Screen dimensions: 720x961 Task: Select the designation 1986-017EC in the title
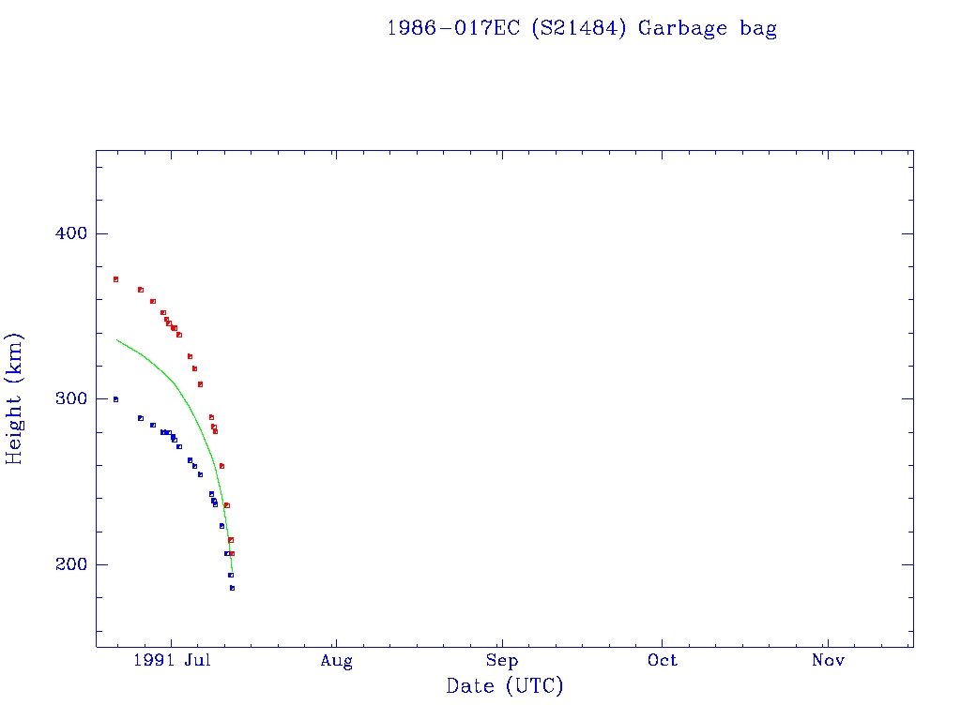click(455, 28)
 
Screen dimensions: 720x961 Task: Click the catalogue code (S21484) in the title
click(579, 28)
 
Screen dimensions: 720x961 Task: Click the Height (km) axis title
click(15, 398)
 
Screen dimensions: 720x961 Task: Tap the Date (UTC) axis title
click(505, 686)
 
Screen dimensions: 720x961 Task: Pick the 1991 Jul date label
click(170, 661)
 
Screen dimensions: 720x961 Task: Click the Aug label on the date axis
click(336, 661)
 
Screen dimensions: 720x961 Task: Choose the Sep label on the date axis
click(501, 661)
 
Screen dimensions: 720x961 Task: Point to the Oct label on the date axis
click(663, 661)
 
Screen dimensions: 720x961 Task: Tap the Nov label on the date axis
click(828, 661)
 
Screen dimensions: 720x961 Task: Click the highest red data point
click(115, 279)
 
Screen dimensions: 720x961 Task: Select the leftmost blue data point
click(115, 399)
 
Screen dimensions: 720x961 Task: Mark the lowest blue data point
click(232, 588)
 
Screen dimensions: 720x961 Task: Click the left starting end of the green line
click(116, 339)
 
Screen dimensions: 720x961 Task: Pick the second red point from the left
click(141, 290)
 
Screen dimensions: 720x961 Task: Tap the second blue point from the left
click(141, 418)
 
